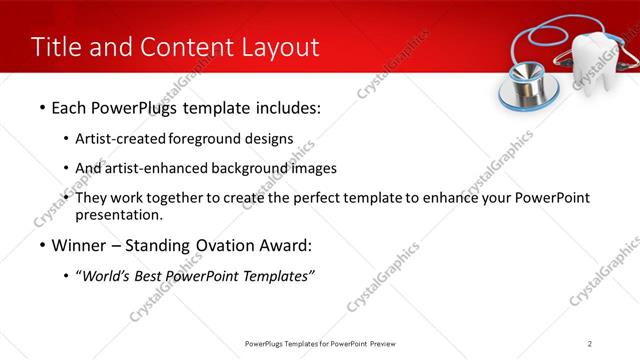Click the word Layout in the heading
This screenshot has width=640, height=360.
coord(275,47)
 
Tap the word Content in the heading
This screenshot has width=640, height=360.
coord(180,47)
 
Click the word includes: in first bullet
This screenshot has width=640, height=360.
coord(285,107)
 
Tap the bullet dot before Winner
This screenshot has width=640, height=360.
coord(41,245)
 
